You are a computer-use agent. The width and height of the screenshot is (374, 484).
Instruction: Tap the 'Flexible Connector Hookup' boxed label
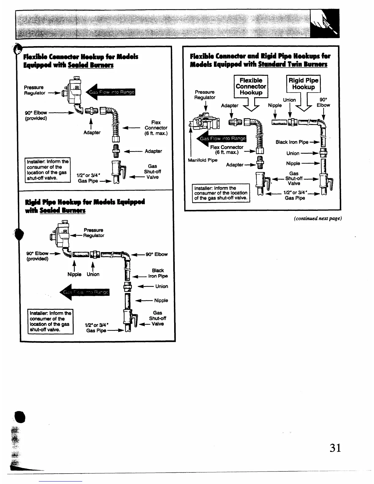click(x=251, y=86)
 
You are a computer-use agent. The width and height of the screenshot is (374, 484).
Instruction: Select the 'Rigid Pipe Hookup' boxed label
click(x=303, y=83)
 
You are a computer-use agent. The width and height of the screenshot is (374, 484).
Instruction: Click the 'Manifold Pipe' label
click(x=203, y=160)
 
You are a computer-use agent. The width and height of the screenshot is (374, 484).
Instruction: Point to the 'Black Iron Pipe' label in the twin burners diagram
click(x=292, y=142)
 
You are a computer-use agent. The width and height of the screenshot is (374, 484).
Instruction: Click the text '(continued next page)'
click(x=317, y=218)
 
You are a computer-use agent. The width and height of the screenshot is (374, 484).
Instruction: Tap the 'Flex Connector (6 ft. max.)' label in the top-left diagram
click(x=156, y=128)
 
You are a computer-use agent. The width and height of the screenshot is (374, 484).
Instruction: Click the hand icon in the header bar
click(x=324, y=24)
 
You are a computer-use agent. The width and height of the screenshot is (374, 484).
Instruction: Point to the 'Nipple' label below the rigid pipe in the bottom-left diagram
click(x=74, y=274)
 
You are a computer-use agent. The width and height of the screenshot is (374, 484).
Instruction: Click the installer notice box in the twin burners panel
click(x=221, y=193)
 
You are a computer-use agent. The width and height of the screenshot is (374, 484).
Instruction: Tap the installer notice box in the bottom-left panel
click(x=50, y=321)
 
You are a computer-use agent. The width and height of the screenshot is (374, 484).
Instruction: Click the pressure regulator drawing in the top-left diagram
click(x=73, y=91)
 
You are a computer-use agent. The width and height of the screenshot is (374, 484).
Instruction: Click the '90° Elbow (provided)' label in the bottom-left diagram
click(x=38, y=256)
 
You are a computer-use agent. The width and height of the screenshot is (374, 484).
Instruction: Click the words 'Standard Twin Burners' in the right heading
click(x=292, y=64)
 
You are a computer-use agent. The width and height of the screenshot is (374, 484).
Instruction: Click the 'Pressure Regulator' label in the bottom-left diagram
click(x=94, y=233)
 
